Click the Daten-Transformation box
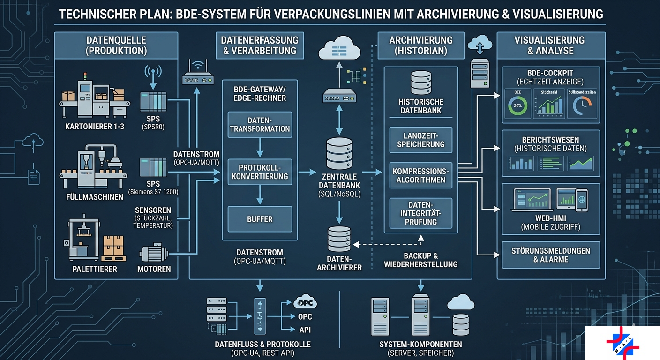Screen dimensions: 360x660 260,124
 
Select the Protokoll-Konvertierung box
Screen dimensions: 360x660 260,172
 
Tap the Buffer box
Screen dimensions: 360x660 260,219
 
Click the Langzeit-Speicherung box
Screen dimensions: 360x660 420,140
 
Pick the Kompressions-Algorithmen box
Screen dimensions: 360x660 420,175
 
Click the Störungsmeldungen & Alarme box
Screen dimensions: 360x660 551,255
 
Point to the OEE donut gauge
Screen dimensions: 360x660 518,105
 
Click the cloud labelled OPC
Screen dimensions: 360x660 305,302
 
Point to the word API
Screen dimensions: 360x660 305,330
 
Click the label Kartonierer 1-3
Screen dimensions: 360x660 95,126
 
